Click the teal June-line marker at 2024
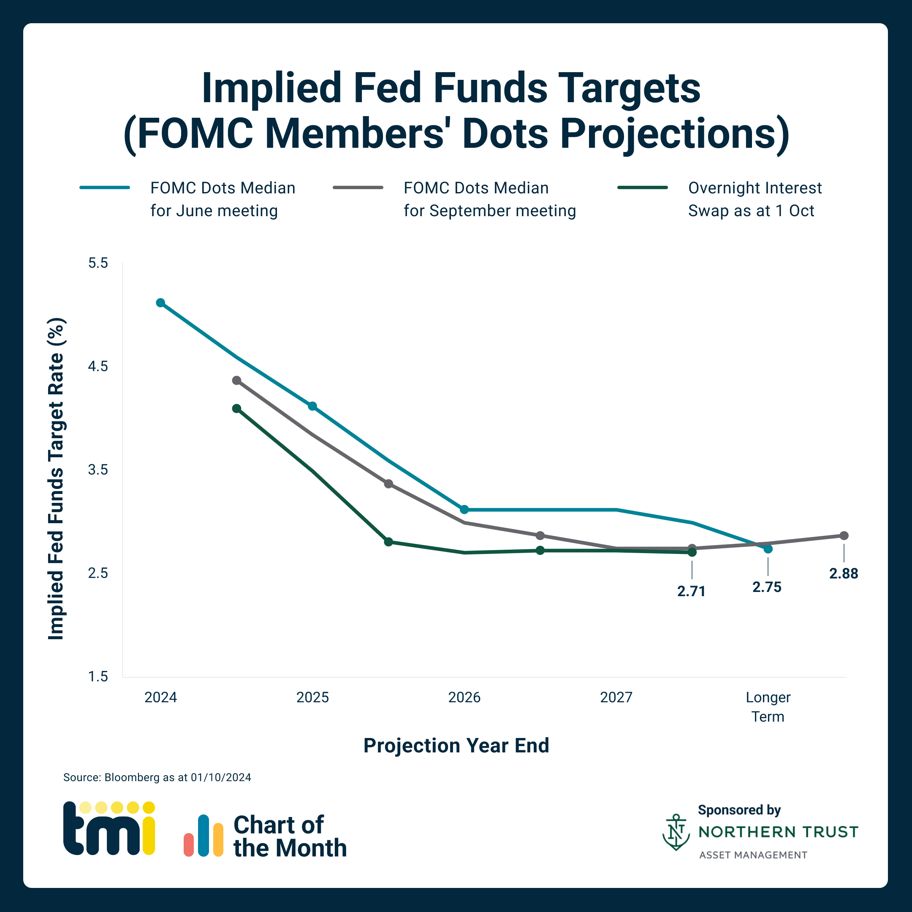click(160, 303)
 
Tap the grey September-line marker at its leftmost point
click(236, 380)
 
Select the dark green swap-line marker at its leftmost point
click(236, 408)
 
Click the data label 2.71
click(691, 591)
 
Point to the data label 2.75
click(767, 587)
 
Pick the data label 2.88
click(844, 573)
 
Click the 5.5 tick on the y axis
click(98, 263)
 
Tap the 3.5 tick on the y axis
click(98, 470)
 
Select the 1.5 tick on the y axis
click(98, 676)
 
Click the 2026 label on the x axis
click(464, 697)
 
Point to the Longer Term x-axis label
click(768, 707)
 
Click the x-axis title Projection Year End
click(456, 746)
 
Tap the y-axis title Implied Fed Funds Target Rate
click(56, 479)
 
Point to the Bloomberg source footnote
click(157, 777)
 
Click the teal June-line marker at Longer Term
click(768, 548)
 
